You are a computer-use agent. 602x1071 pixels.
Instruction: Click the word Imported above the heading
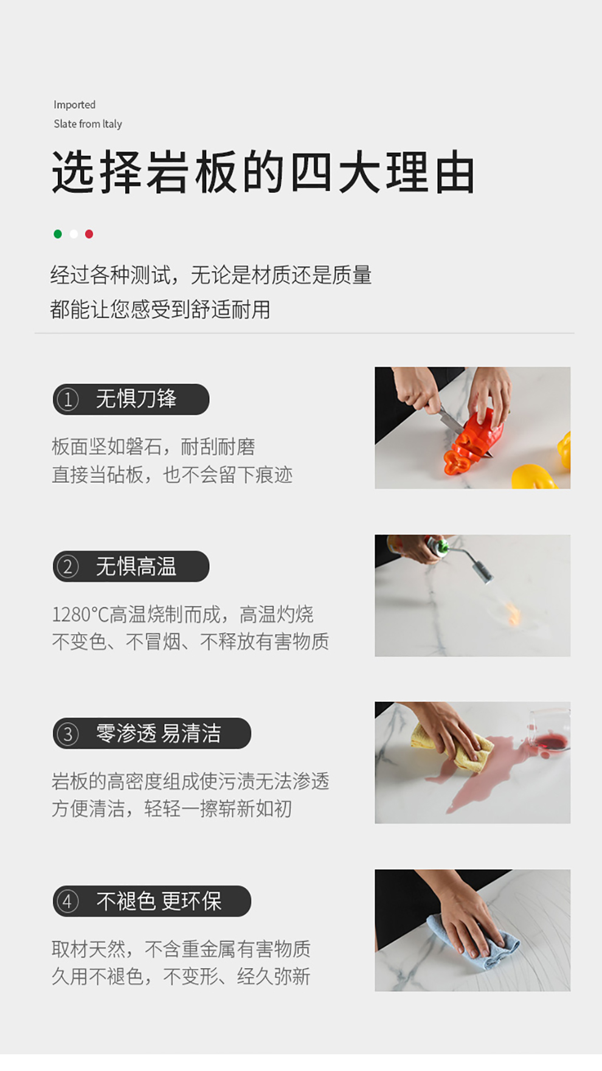pos(74,105)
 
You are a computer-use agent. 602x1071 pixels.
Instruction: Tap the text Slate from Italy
pos(88,124)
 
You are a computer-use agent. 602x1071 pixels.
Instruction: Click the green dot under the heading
pos(58,234)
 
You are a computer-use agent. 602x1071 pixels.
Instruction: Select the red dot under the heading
pos(89,234)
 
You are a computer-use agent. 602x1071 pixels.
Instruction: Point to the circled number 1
pos(67,400)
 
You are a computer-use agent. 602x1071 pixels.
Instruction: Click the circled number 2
pos(67,567)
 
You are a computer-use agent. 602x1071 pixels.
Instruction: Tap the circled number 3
pos(67,734)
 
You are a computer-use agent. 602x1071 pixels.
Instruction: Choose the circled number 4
pos(67,901)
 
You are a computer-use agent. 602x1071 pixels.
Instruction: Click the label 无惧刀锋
pos(136,399)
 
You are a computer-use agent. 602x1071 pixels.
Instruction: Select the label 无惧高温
pos(136,566)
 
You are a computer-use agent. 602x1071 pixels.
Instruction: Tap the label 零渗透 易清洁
pos(158,733)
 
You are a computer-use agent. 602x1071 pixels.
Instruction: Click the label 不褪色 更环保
pos(159,901)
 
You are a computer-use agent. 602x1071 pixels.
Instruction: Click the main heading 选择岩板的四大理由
pos(263,173)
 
